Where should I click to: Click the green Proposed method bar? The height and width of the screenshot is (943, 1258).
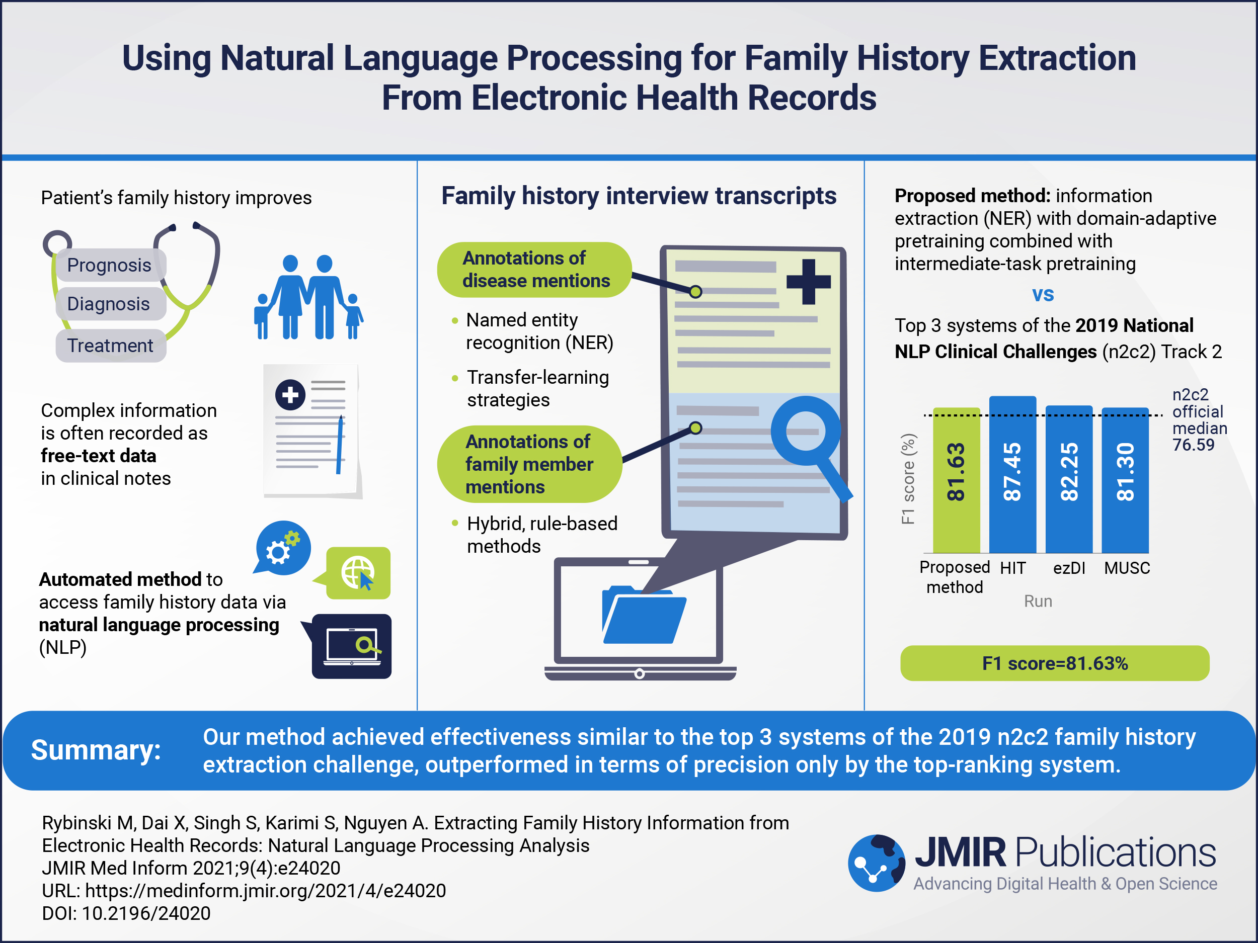(956, 480)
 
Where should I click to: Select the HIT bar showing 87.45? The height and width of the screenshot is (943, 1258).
(1012, 475)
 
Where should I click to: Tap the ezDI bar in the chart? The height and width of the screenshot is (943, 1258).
(1069, 479)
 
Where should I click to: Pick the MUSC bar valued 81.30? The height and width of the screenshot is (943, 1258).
(1125, 480)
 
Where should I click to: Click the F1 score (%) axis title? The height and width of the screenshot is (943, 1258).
(908, 479)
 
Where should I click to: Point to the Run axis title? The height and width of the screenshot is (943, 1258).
(1038, 601)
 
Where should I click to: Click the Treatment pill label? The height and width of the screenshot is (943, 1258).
(110, 346)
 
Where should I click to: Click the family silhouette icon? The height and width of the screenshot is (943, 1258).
(308, 297)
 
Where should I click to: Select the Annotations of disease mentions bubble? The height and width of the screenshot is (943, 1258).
(534, 270)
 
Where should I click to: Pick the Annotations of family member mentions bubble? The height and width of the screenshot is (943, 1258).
(529, 464)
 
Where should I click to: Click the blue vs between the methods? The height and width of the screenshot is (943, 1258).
(1043, 294)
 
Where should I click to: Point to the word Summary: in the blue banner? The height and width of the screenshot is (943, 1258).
(96, 750)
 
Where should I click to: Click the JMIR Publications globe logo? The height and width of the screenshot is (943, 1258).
(877, 863)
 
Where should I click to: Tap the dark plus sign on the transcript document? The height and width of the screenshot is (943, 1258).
(808, 281)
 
